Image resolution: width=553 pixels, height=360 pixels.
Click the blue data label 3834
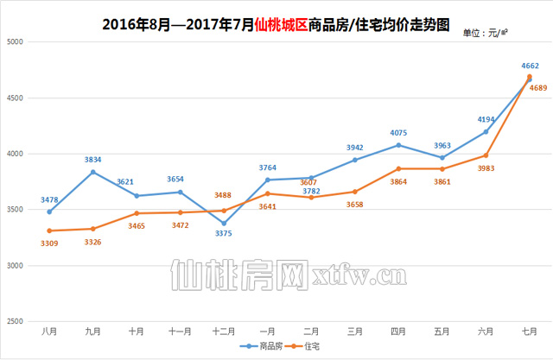click(93, 160)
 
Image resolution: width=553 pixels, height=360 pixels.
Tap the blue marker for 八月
click(49, 212)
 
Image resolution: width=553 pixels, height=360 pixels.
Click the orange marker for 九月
click(93, 229)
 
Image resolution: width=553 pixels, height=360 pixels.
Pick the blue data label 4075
click(398, 133)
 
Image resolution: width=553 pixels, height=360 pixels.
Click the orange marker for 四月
click(398, 168)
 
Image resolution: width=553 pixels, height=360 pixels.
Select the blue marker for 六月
click(486, 131)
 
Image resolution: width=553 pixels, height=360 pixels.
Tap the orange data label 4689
click(531, 88)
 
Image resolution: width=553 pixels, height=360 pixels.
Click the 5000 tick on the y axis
click(17, 41)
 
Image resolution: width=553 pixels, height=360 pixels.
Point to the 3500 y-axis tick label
click(17, 210)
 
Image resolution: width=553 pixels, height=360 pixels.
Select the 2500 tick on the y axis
click(17, 321)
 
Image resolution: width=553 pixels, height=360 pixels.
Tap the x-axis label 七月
click(530, 331)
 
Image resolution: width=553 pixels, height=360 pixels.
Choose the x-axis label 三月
click(355, 331)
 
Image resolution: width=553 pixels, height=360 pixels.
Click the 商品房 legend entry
click(258, 346)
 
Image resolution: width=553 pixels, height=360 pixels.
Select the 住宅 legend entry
click(303, 346)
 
